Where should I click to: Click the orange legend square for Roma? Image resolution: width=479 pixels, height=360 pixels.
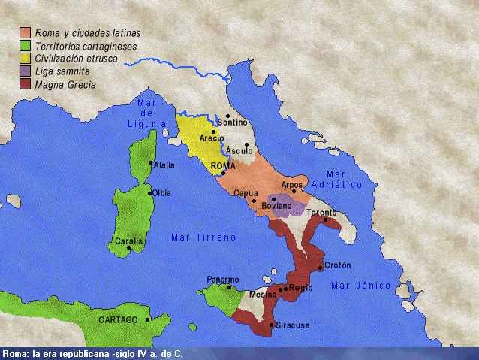pos(26,33)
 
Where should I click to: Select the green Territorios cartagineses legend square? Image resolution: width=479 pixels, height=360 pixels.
pos(26,46)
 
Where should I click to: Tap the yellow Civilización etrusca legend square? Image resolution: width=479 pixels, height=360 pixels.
pos(26,59)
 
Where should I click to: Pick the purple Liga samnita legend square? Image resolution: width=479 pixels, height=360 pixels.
pos(26,71)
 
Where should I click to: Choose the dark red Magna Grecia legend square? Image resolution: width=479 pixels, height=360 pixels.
pos(26,84)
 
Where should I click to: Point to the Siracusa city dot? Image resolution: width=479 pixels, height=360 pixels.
pos(272,325)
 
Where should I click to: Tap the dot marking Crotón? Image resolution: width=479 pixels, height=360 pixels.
pos(321,267)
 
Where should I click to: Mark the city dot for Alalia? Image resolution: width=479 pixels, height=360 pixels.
pos(151,162)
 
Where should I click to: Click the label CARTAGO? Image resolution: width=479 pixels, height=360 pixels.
pos(118,319)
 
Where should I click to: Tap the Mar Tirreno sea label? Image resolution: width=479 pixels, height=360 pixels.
pos(203,237)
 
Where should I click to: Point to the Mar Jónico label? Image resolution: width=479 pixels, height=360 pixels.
pos(361,286)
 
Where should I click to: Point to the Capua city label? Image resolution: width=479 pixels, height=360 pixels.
pos(246,193)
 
